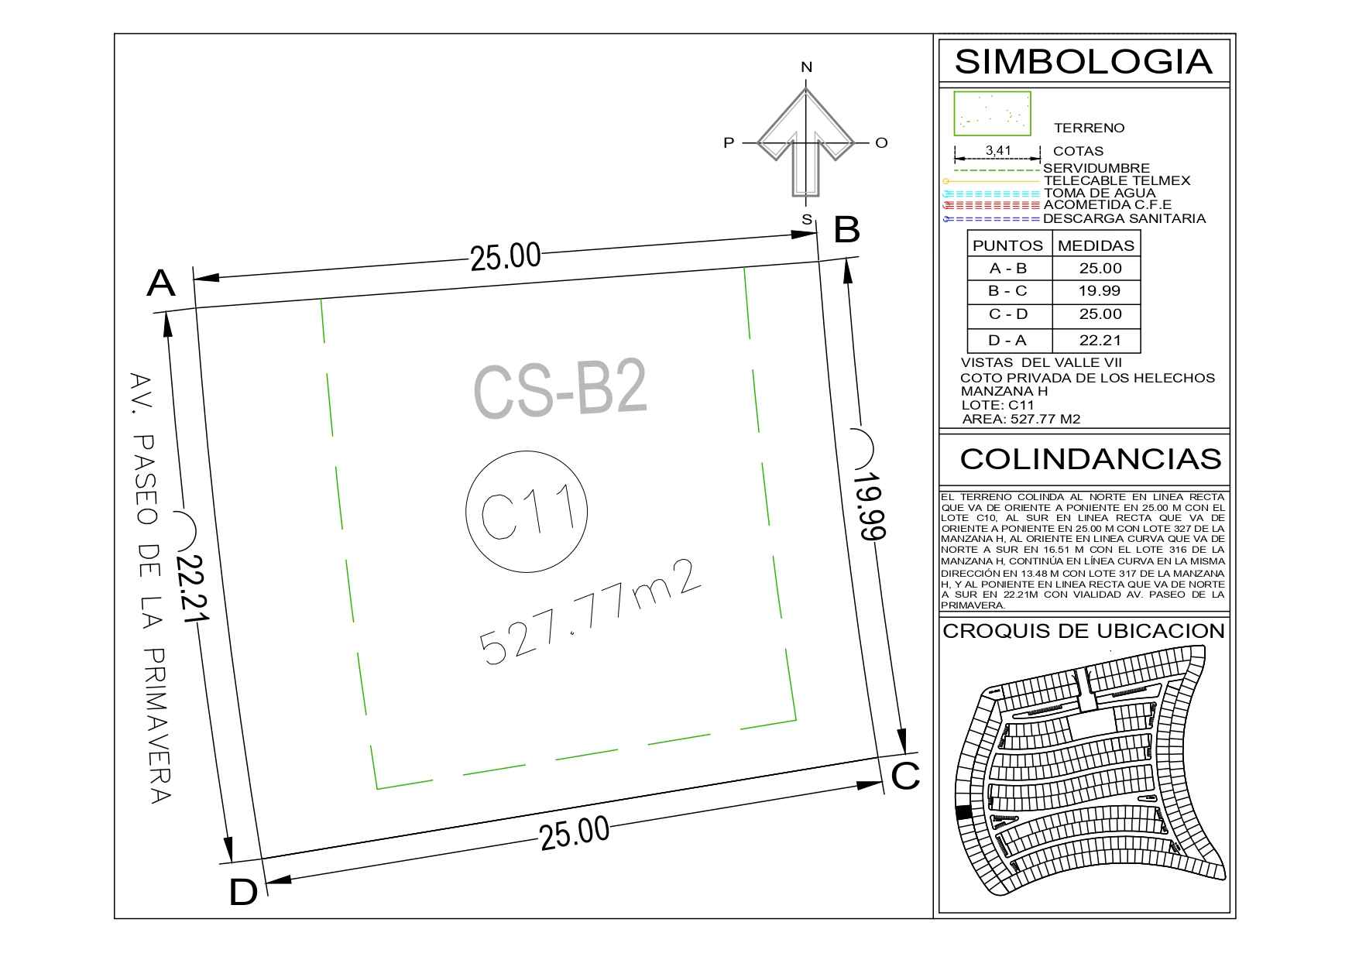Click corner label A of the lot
click(x=161, y=283)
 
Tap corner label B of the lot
click(x=846, y=230)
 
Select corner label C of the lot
click(x=905, y=777)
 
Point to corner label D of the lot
click(x=243, y=893)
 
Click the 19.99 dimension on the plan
click(x=870, y=506)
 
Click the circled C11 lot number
click(x=527, y=511)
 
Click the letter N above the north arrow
click(x=806, y=67)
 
